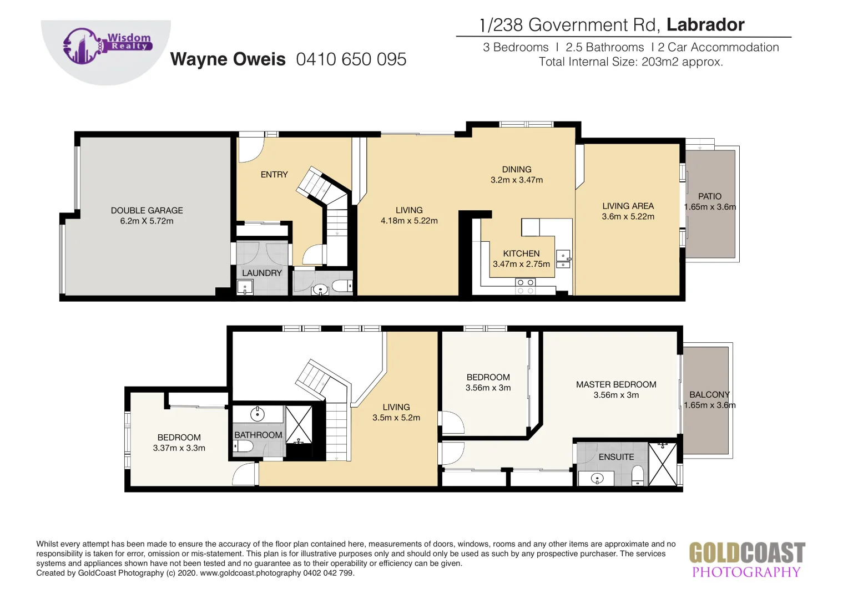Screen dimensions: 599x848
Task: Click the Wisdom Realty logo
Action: click(106, 47)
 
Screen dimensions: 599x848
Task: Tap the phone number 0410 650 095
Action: click(351, 59)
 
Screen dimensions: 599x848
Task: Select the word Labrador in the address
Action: click(705, 25)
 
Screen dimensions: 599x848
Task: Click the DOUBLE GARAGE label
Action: click(147, 211)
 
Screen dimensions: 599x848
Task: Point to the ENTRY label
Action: click(274, 175)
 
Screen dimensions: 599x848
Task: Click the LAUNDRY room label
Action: click(262, 273)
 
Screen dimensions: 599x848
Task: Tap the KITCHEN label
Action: click(521, 253)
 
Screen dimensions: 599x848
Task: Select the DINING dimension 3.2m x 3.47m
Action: click(517, 180)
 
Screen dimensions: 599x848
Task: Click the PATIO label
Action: click(709, 196)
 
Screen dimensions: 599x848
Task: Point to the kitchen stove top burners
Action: click(525, 286)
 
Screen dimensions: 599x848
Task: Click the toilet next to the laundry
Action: click(341, 286)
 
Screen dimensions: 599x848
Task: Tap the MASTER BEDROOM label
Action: click(616, 384)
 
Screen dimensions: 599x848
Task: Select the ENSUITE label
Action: click(616, 457)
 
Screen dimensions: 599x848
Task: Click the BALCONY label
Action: click(709, 395)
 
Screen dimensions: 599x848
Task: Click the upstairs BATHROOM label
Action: click(258, 435)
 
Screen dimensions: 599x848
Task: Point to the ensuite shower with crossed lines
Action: click(663, 464)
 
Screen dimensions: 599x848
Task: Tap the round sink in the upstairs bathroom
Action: click(258, 414)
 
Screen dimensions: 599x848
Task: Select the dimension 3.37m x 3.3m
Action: click(179, 448)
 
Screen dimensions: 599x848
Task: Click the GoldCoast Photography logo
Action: click(746, 560)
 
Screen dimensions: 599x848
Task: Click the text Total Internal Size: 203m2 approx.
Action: click(630, 62)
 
